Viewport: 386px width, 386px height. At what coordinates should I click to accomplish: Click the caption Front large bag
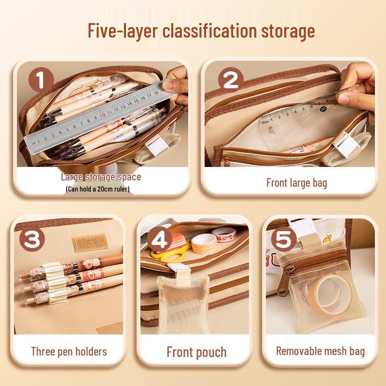tap(296, 183)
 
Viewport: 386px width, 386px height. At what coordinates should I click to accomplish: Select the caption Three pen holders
tap(69, 351)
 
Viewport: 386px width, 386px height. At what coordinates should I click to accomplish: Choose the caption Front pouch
tap(196, 352)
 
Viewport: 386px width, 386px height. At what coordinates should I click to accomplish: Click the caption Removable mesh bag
tap(320, 351)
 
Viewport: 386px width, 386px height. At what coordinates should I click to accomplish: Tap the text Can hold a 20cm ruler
tap(97, 189)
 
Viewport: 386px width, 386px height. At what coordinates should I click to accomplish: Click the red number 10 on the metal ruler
tap(103, 116)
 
